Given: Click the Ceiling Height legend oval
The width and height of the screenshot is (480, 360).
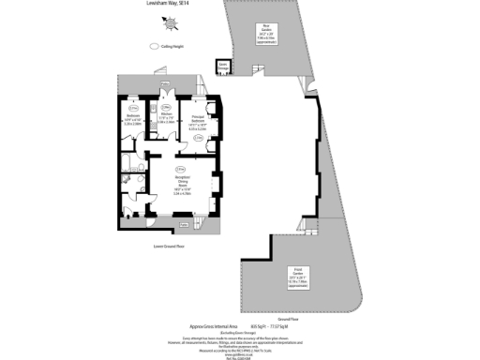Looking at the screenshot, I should (155, 45).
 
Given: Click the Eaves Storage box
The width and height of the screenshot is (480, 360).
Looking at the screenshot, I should (223, 66).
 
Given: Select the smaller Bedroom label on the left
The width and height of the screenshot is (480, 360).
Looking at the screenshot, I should (132, 120).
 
